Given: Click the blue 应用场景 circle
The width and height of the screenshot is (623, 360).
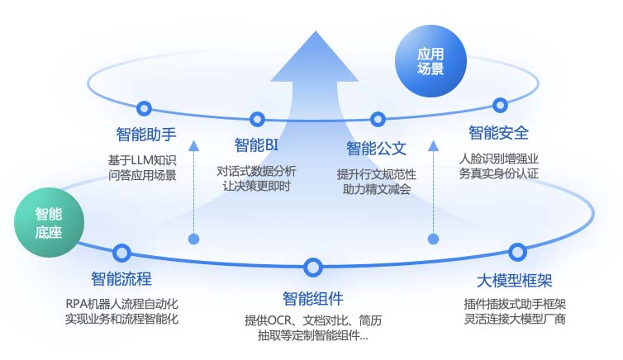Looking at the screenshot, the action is click(x=430, y=61).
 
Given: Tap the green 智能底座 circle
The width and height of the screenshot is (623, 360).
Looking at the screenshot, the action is click(x=49, y=223).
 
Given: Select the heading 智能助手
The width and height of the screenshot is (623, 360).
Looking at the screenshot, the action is click(x=146, y=135).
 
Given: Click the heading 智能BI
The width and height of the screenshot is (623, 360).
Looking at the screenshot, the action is click(x=256, y=145).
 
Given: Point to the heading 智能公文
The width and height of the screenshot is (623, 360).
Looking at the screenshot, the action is click(x=376, y=149).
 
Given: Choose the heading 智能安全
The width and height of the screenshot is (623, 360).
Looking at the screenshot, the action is click(x=498, y=133).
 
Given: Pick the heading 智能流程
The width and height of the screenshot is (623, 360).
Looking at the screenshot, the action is click(x=121, y=278).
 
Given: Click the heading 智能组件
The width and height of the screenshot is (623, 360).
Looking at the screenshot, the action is click(x=313, y=298).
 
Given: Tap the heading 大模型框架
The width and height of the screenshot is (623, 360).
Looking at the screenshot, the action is click(x=515, y=281).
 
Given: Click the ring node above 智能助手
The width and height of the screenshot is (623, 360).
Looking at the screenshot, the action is click(x=144, y=108).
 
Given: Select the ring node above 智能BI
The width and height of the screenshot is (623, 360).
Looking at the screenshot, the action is click(x=257, y=119).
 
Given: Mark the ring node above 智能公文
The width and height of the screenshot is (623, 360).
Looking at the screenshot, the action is click(x=378, y=119).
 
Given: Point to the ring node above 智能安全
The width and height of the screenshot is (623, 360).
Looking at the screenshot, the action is click(x=500, y=105).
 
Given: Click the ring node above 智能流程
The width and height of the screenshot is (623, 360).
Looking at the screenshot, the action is click(x=121, y=253).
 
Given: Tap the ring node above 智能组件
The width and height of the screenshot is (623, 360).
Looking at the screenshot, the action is click(x=312, y=268).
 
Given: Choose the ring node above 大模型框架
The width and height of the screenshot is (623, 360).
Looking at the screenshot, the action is click(x=517, y=252).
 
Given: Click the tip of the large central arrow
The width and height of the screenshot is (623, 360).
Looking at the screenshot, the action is click(x=316, y=31).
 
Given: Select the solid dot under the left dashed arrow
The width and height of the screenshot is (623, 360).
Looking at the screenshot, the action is click(x=193, y=239).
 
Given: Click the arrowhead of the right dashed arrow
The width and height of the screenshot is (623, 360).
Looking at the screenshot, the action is click(x=433, y=145).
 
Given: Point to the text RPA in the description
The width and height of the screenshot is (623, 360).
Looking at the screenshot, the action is click(x=75, y=304).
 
